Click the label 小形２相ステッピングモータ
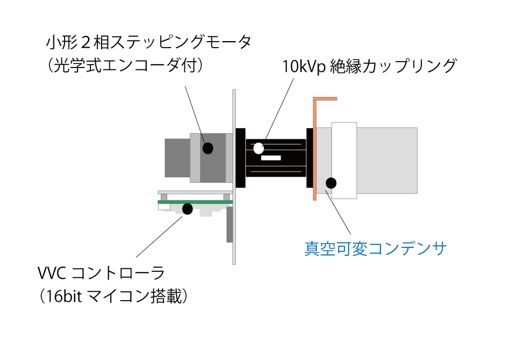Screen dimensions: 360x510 click(148, 43)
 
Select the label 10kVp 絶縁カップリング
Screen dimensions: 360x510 click(369, 66)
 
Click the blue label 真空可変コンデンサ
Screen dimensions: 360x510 click(376, 249)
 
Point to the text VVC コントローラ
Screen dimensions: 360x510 click(101, 273)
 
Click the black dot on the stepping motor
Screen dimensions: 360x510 click(208, 148)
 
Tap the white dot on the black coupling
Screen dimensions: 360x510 click(258, 148)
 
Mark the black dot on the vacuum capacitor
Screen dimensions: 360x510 click(331, 183)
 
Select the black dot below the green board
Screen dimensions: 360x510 click(188, 208)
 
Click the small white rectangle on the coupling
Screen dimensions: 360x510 click(271, 158)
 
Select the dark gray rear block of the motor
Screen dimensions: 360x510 click(177, 157)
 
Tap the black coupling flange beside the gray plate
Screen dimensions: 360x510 click(240, 157)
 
